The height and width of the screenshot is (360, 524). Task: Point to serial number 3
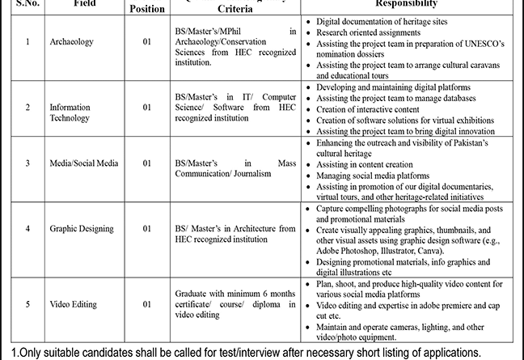(x=27, y=163)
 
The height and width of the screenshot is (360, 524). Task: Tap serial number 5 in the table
(x=27, y=303)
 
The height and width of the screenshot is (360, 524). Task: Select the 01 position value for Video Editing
(x=147, y=303)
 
